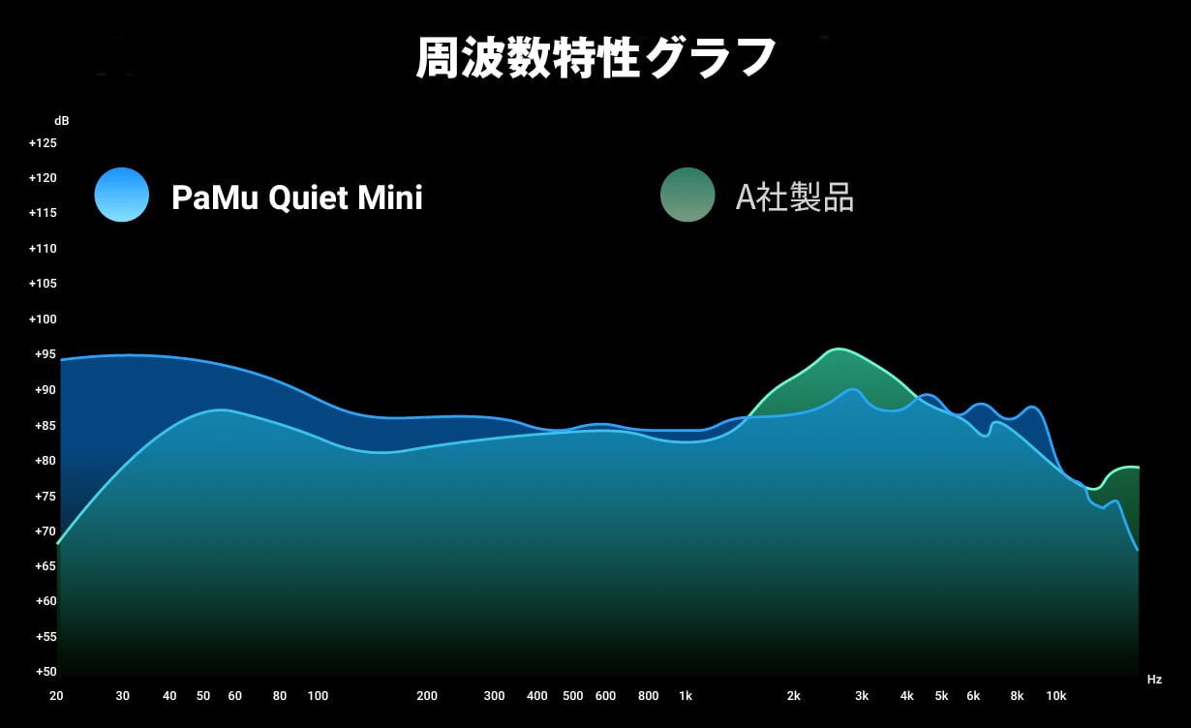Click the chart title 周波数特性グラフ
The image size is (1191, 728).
(595, 57)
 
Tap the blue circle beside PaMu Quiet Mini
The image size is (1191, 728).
(122, 195)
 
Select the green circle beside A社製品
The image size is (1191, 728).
(687, 195)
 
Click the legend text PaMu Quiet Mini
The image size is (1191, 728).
(296, 197)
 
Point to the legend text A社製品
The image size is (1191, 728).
(794, 197)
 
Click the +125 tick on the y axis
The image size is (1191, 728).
(43, 143)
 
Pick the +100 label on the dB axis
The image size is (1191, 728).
(43, 319)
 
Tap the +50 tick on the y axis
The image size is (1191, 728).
(46, 672)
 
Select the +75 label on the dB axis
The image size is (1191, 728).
(46, 497)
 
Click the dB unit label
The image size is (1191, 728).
(62, 121)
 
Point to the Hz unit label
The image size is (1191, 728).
(1154, 679)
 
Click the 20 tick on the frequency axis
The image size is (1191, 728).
(56, 695)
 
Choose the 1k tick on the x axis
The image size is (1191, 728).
(686, 695)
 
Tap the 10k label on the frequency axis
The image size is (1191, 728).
(1056, 695)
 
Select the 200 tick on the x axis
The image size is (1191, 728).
(427, 695)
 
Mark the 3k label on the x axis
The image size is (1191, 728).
(862, 695)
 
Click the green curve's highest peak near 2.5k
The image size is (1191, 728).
(838, 349)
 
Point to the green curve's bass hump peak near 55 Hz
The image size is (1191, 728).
(223, 409)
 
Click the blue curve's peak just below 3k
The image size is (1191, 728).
(853, 389)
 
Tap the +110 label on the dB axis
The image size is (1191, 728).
(43, 249)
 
